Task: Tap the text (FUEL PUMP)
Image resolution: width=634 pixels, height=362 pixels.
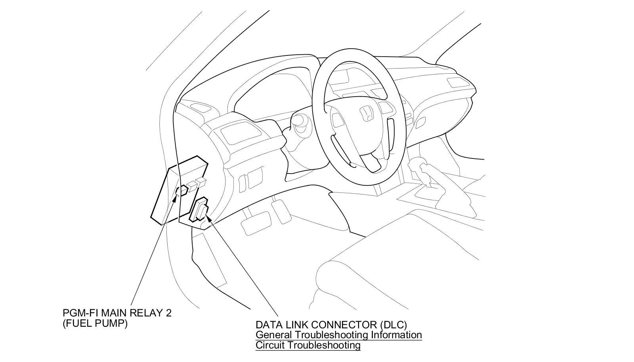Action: pos(95,323)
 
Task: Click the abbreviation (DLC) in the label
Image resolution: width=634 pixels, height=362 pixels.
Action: pos(393,325)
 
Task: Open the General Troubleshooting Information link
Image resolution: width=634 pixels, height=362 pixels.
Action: pos(338,335)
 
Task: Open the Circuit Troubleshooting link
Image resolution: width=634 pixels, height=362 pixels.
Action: pos(308,345)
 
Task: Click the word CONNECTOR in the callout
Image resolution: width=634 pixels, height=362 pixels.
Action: pos(344,325)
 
